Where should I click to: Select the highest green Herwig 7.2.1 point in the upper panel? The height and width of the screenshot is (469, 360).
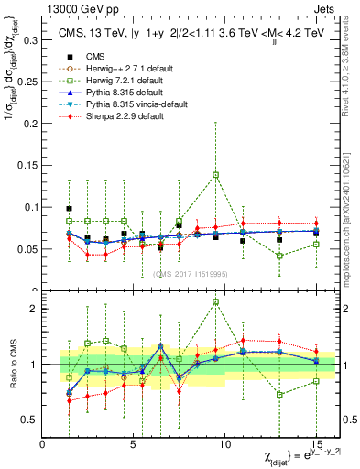(x=216, y=174)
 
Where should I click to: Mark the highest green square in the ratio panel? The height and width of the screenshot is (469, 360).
(x=216, y=301)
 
